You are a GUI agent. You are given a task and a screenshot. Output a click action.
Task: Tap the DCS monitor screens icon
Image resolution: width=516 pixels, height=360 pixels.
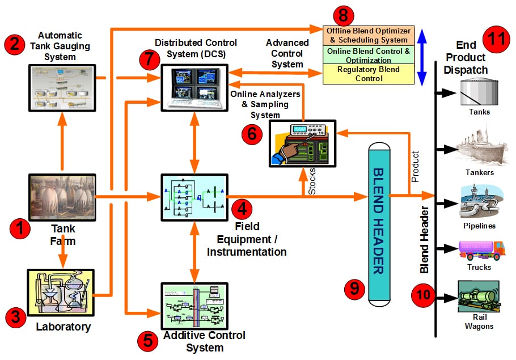pyautogui.click(x=193, y=85)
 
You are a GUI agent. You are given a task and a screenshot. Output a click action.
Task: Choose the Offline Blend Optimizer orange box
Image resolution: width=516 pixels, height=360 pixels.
pyautogui.click(x=368, y=35)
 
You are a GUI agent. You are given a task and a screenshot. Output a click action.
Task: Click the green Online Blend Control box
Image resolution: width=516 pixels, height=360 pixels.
pyautogui.click(x=368, y=55)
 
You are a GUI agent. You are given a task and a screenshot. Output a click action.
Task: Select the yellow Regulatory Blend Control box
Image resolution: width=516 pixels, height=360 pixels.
pyautogui.click(x=368, y=74)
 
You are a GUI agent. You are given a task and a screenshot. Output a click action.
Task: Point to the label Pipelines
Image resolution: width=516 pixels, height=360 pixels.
pyautogui.click(x=479, y=226)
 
